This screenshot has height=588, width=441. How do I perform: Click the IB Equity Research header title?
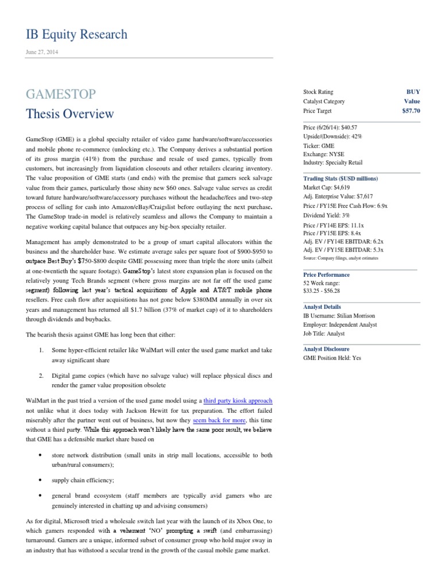[x=76, y=34]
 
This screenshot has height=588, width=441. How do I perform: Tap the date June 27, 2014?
[x=42, y=52]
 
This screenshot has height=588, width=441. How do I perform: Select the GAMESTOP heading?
[x=61, y=94]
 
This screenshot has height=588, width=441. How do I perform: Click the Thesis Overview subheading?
[x=70, y=114]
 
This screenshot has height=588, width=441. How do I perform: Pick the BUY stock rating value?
[x=413, y=92]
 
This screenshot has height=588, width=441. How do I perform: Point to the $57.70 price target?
[x=411, y=111]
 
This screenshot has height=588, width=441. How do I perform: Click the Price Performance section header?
[x=326, y=274]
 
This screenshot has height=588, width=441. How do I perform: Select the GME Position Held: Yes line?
[x=332, y=358]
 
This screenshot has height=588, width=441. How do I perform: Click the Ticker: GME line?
[x=319, y=146]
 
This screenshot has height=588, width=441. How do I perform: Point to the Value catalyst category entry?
[x=412, y=101]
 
